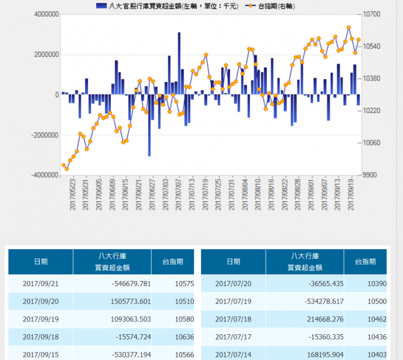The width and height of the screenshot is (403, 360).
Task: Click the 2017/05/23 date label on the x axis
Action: point(72,194)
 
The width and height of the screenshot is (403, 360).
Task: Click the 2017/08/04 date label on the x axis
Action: point(245,194)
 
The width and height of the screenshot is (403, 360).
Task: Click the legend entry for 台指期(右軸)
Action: point(272,6)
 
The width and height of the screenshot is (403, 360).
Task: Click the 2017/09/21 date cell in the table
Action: point(40,284)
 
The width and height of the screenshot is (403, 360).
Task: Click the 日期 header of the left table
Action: point(40,261)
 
